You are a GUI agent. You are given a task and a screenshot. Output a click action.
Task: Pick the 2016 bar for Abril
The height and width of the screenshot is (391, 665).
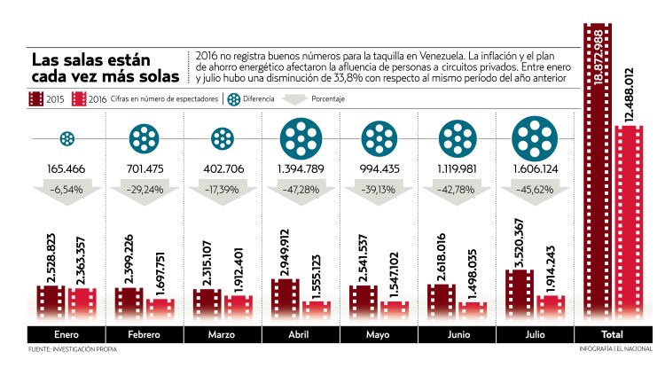(316, 309)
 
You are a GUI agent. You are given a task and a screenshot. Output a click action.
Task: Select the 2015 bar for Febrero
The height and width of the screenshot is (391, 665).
(129, 302)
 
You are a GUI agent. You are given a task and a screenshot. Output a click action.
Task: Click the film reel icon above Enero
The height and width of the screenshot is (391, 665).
(66, 138)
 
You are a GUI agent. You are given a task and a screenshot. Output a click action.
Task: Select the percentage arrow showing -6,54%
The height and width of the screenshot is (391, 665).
(66, 191)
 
